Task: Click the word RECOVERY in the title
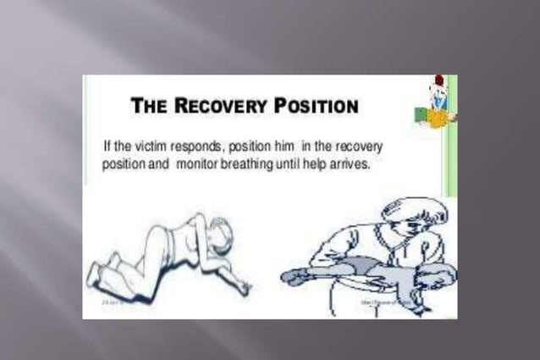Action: (x=223, y=107)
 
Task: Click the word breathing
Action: (x=248, y=163)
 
